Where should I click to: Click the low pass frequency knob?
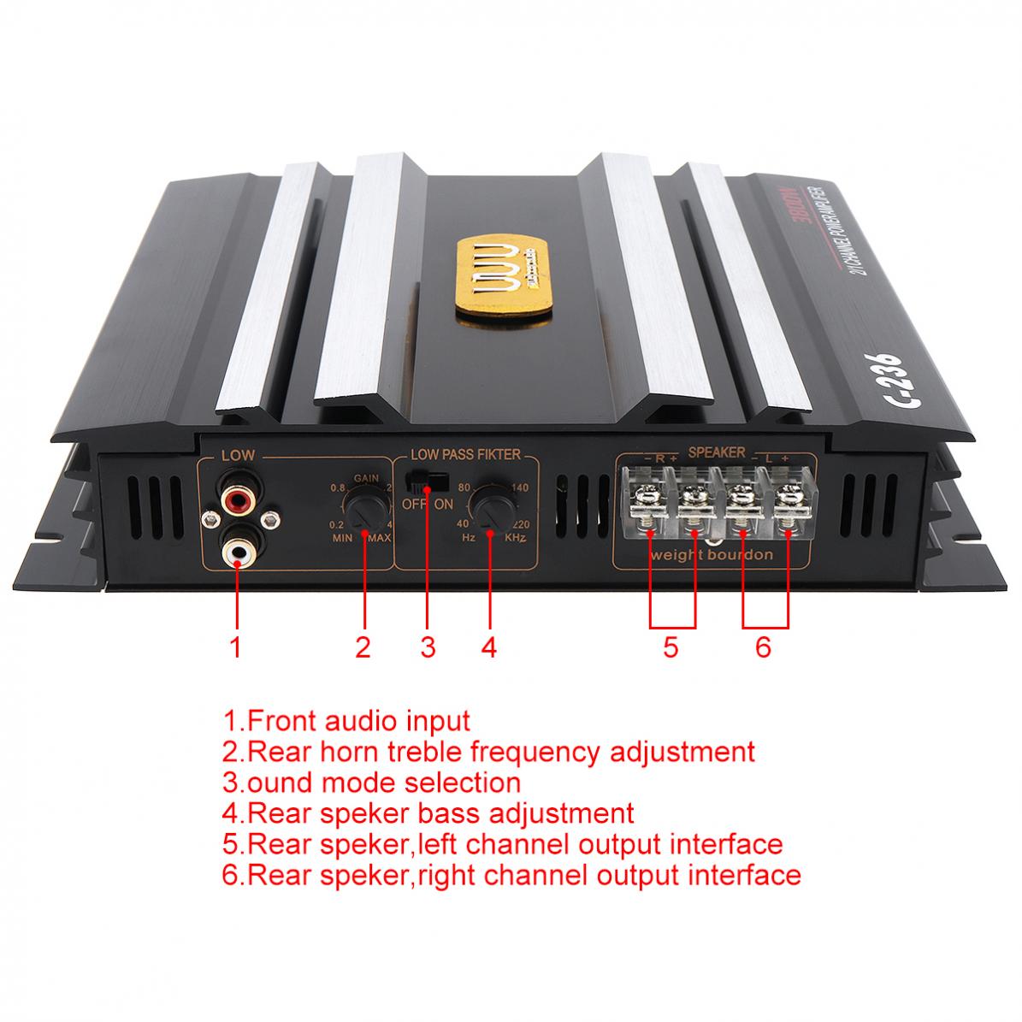tap(490, 507)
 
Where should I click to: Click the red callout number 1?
tap(236, 647)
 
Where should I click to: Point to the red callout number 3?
tap(428, 647)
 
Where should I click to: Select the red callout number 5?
tap(671, 647)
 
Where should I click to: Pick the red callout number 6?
tap(764, 647)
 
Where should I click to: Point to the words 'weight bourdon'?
tap(712, 554)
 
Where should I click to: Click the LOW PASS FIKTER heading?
tap(465, 456)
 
